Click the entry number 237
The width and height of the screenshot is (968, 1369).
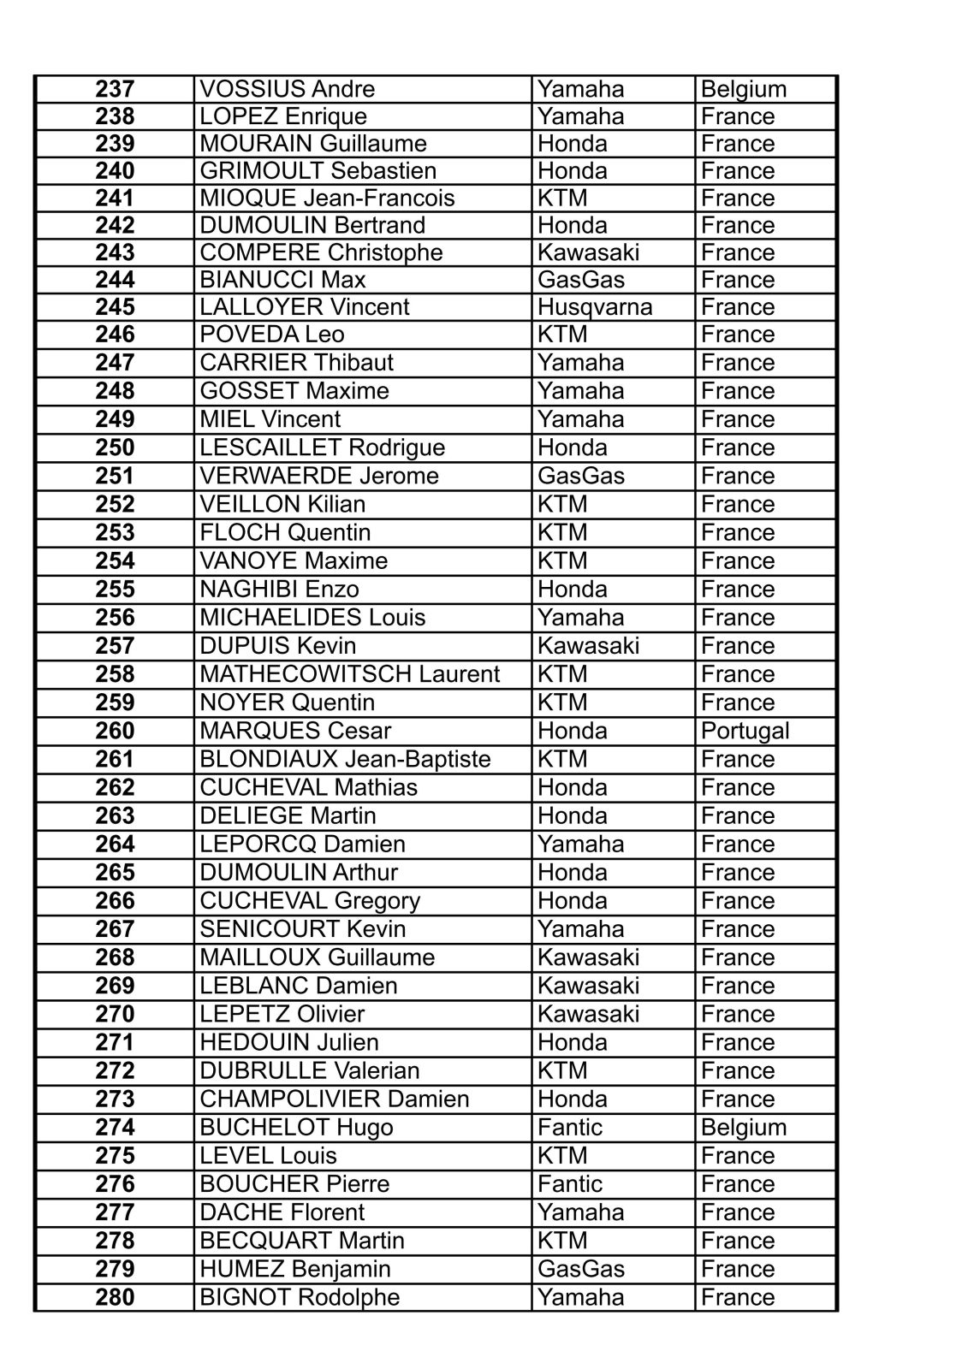pos(115,89)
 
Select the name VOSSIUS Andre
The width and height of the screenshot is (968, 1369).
pos(287,89)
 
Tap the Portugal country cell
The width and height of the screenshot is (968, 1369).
pos(745,731)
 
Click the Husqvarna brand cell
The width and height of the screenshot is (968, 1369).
pos(595,306)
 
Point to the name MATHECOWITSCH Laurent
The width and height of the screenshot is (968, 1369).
pos(349,674)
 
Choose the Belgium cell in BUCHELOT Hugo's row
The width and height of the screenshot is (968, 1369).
pos(743,1127)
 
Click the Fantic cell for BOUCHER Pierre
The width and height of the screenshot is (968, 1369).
pos(570,1183)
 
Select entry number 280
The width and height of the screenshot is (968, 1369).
pos(115,1297)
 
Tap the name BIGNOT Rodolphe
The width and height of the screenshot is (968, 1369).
pos(300,1297)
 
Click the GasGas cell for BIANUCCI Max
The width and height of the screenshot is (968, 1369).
pos(581,280)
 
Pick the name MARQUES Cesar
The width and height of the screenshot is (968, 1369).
pos(295,731)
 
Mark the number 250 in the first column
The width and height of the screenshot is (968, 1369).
pos(115,447)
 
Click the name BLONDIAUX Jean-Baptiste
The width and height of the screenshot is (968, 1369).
pos(345,759)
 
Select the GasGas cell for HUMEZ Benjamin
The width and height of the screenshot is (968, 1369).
pos(581,1269)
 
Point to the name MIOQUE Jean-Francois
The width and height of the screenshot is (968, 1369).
pos(327,198)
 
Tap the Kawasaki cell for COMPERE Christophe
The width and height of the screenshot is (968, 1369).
pos(588,252)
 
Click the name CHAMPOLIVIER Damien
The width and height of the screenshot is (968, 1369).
pos(334,1099)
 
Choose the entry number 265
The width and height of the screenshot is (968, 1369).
pos(115,872)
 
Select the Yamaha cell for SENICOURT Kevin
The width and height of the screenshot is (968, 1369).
pos(581,928)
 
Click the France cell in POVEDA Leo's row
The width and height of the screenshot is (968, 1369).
pos(737,334)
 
